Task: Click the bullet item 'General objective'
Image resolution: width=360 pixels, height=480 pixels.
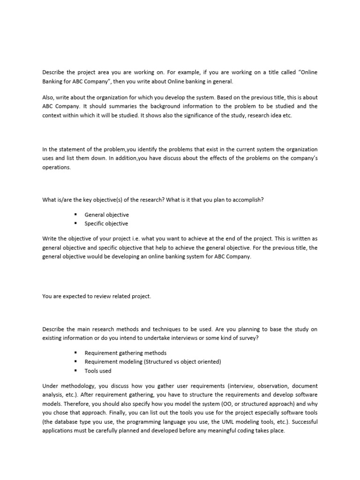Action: coord(106,215)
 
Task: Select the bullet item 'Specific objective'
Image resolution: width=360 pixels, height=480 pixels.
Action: coord(106,224)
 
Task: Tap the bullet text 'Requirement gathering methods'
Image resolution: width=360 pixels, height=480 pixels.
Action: coord(125,352)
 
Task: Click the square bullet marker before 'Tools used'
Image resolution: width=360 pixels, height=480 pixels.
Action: coord(75,370)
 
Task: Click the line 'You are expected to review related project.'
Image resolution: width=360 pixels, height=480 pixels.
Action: coord(97,296)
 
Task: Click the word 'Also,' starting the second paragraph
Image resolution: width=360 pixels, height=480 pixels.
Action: coord(49,97)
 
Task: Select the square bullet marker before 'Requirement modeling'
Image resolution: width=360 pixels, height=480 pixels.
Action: coord(75,361)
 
